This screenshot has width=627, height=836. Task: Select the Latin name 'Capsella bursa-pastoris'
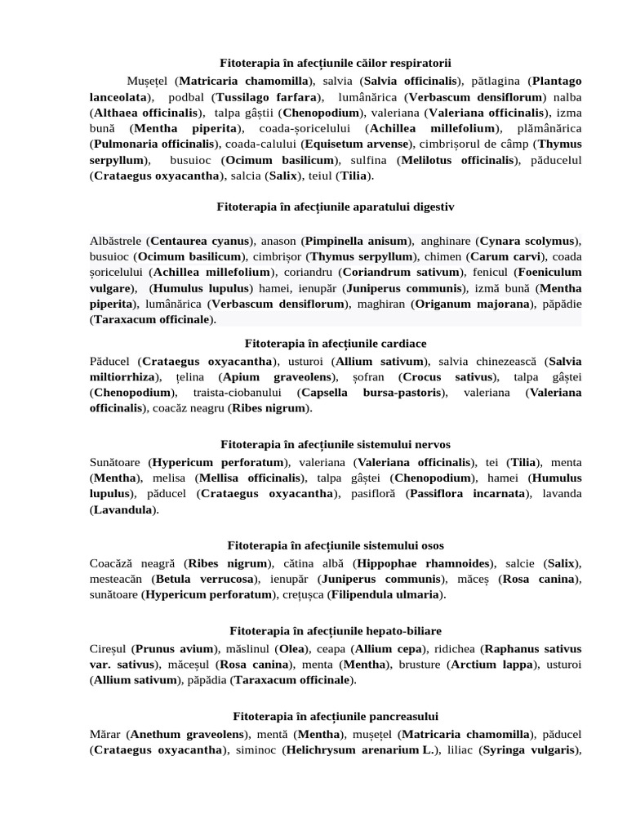373,393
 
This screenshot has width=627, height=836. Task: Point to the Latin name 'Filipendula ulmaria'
386,594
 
